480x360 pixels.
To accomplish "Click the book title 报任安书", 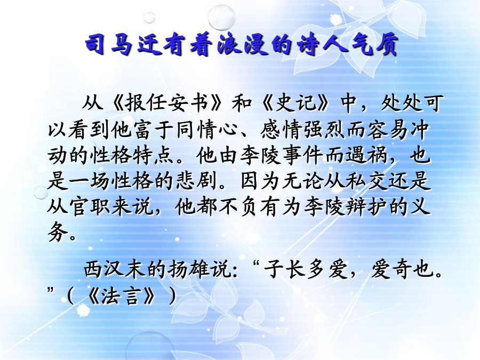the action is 167,103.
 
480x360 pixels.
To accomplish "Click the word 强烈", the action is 325,130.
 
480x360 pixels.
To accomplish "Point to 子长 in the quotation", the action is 285,269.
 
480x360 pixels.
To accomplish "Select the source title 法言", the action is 122,295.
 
